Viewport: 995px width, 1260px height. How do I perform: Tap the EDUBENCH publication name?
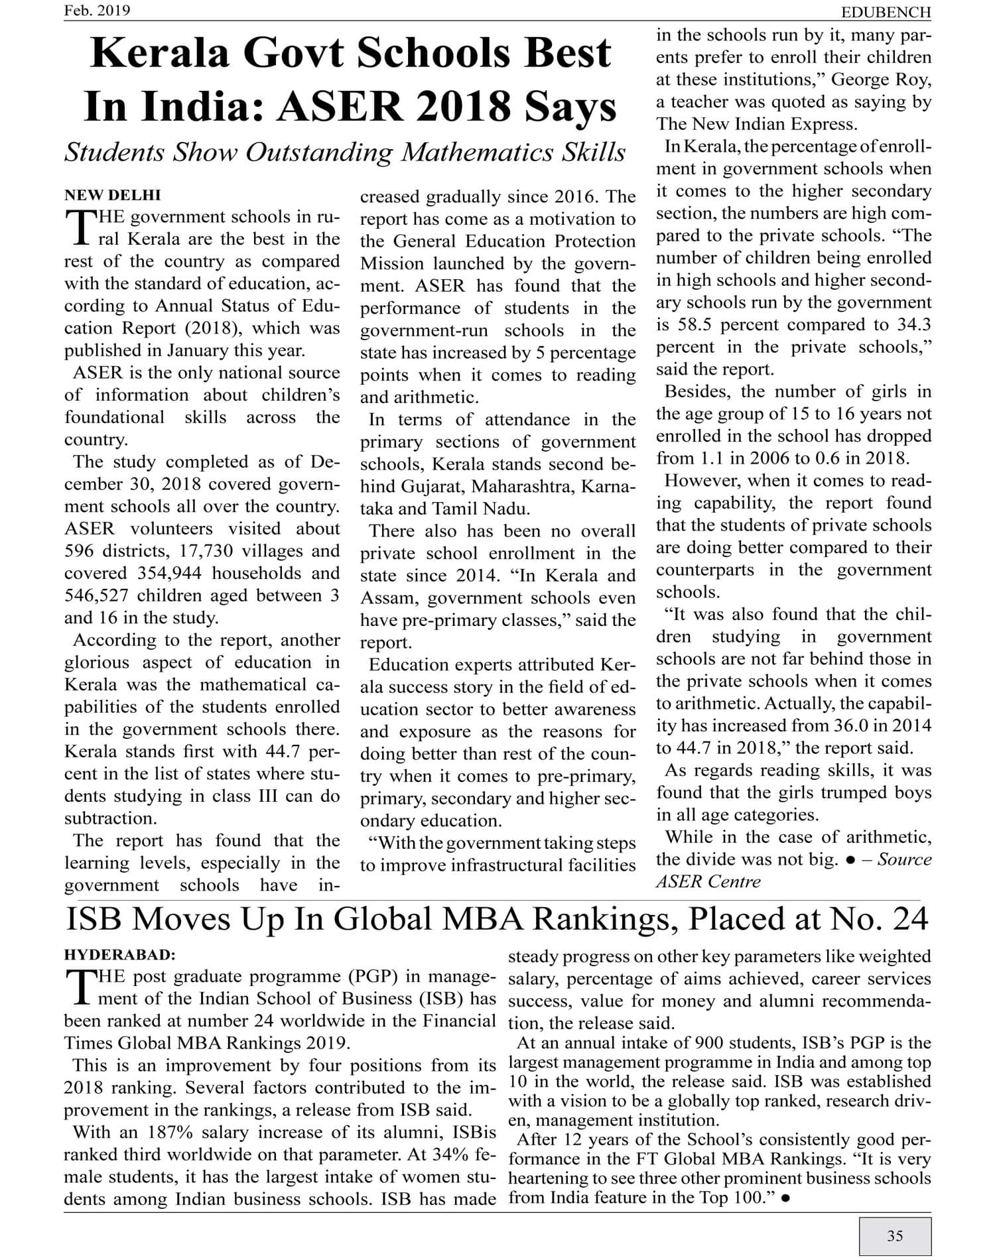(886, 12)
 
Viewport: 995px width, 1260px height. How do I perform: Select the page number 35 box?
(895, 1235)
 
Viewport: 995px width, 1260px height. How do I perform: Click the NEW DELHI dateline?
(112, 195)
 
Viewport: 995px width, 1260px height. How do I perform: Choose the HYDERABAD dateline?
(119, 955)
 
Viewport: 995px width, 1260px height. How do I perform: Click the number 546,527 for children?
(97, 596)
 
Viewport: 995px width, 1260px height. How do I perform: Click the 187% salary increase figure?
(175, 1132)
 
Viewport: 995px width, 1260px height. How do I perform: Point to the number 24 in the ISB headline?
(910, 919)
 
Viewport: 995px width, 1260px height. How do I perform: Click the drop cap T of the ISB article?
(79, 987)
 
